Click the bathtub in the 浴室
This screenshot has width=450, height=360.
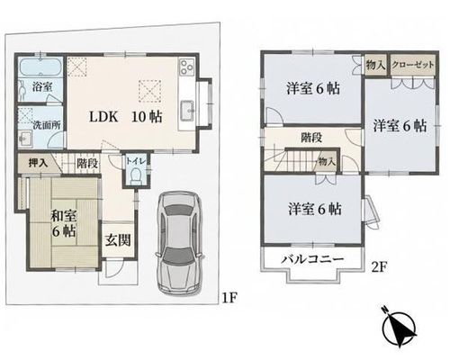point(40,67)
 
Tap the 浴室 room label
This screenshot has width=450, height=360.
point(43,87)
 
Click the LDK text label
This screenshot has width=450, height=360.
point(103,117)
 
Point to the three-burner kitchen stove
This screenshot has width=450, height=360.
point(186,67)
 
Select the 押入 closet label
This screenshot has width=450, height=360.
point(38,164)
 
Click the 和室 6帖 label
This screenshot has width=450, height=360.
point(63,223)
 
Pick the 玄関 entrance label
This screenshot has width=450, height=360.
point(118,240)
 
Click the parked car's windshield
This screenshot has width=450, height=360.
point(178,256)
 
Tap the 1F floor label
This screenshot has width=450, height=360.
point(229,298)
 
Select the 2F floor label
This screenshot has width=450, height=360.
point(380,266)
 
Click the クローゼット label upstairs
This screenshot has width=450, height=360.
point(413,65)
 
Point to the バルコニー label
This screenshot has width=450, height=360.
point(312,259)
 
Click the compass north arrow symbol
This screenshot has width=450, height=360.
point(400,328)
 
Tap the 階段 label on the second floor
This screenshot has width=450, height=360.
point(311,138)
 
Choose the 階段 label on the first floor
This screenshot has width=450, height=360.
point(87,164)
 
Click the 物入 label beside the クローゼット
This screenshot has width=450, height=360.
point(375,65)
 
